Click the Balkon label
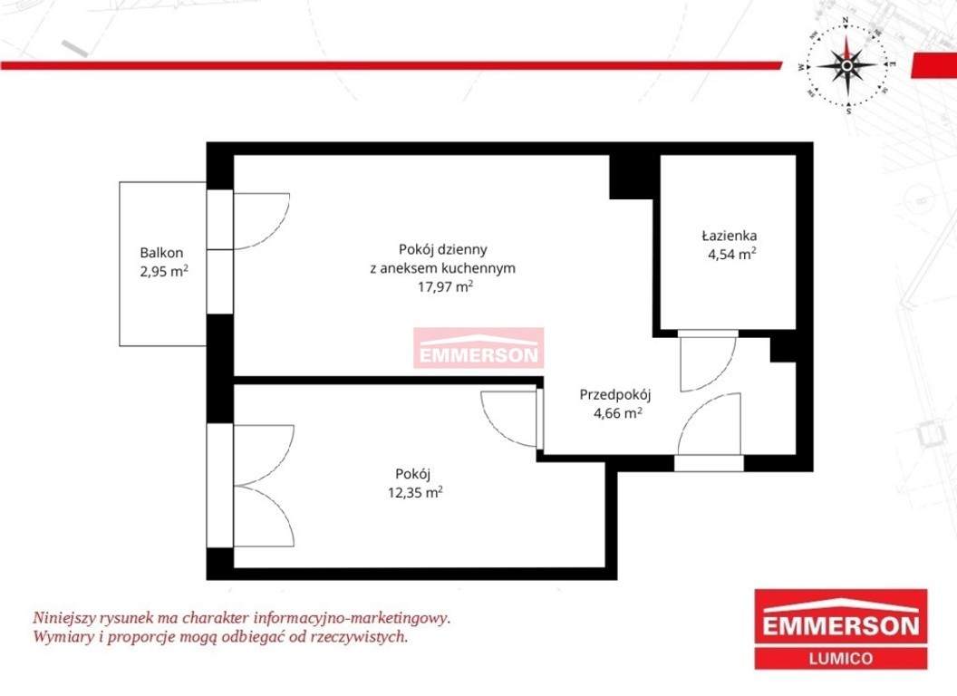(161, 253)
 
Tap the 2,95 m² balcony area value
(163, 271)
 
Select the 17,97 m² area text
(445, 286)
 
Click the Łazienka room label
(730, 236)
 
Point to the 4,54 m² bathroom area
(731, 254)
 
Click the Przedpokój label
(615, 395)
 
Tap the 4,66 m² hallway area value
(618, 413)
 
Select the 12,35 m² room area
(415, 492)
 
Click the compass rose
(846, 64)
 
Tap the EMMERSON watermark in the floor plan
(478, 349)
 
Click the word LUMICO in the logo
(840, 659)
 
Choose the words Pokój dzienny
(442, 250)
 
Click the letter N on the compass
(846, 20)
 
